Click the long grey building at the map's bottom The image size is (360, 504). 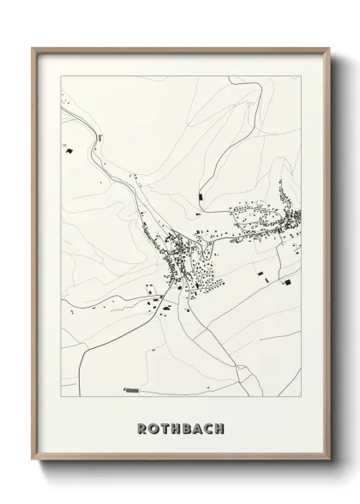pyautogui.click(x=132, y=389)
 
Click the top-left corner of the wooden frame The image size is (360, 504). pyautogui.click(x=33, y=48)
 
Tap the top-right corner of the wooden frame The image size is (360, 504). pyautogui.click(x=329, y=48)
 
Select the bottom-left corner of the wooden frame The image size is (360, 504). pyautogui.click(x=33, y=463)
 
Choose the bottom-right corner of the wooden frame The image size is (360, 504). pyautogui.click(x=329, y=463)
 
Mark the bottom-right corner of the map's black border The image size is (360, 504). pyautogui.click(x=303, y=398)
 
